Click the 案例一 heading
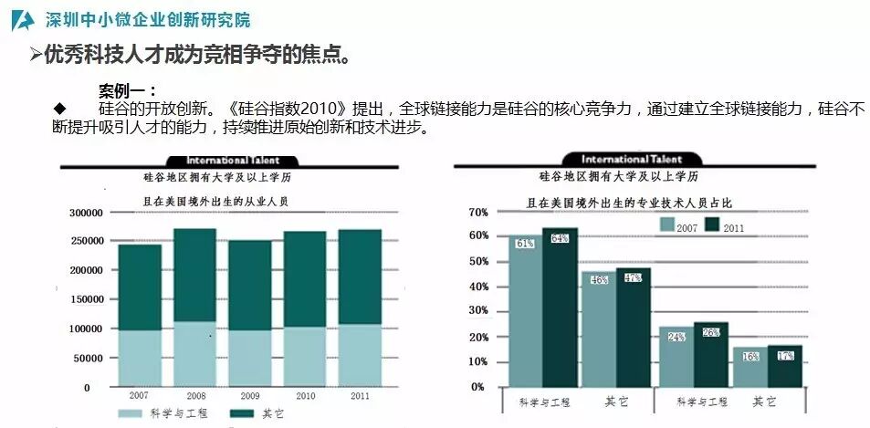click(x=127, y=90)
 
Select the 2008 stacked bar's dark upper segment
click(x=194, y=275)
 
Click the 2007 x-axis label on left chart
click(x=139, y=396)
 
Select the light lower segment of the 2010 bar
click(x=304, y=356)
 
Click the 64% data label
click(x=560, y=238)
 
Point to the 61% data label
click(x=525, y=244)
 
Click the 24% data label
click(x=676, y=337)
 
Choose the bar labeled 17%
click(x=784, y=365)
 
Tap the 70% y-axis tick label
click(x=478, y=212)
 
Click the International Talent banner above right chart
click(x=631, y=160)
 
